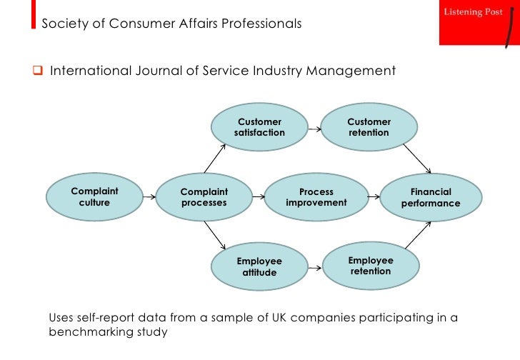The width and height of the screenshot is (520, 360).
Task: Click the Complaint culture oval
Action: pos(94,197)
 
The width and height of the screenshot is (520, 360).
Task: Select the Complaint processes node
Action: pos(204,197)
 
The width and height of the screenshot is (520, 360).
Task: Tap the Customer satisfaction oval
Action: pos(259,127)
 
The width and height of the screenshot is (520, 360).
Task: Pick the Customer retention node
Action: pos(369,127)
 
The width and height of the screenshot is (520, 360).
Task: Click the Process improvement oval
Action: pos(316,197)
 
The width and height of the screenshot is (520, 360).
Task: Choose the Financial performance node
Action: pos(431,198)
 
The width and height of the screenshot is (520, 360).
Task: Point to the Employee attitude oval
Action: pos(259,266)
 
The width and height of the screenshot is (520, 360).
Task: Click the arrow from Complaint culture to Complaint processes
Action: pos(149,197)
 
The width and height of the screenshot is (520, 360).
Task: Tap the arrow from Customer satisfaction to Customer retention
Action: pos(314,129)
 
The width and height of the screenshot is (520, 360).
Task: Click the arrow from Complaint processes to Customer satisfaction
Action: pos(215,158)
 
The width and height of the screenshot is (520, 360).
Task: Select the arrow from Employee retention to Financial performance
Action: pos(414,235)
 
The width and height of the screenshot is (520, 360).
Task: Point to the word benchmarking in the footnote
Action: pos(89,332)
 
